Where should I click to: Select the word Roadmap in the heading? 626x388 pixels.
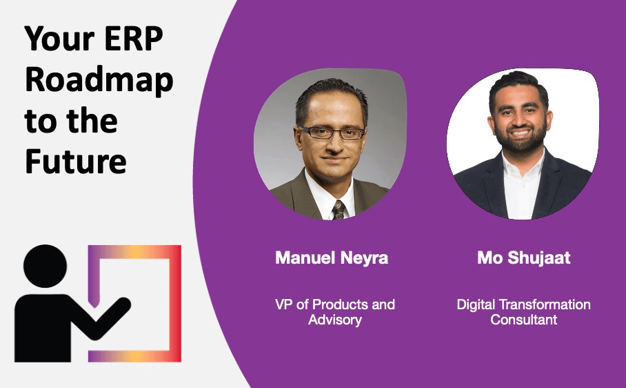coord(99,80)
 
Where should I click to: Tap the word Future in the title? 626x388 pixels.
coord(75,161)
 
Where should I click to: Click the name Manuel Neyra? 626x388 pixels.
coord(332,258)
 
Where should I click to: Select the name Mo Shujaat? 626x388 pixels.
coord(523,258)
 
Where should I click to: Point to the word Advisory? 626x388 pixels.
coord(335,320)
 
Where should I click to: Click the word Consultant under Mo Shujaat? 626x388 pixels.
coord(523,320)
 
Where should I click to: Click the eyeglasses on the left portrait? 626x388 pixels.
coord(332,133)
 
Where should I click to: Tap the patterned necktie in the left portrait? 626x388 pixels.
coord(339,209)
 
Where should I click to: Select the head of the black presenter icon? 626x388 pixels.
coord(45,266)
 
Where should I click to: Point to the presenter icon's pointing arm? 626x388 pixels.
coord(107,317)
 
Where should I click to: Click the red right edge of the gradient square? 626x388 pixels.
coord(175,304)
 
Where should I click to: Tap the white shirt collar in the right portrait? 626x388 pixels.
coord(522,164)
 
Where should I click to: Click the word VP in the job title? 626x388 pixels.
coord(284,304)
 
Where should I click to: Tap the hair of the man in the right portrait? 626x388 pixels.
coord(518,83)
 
